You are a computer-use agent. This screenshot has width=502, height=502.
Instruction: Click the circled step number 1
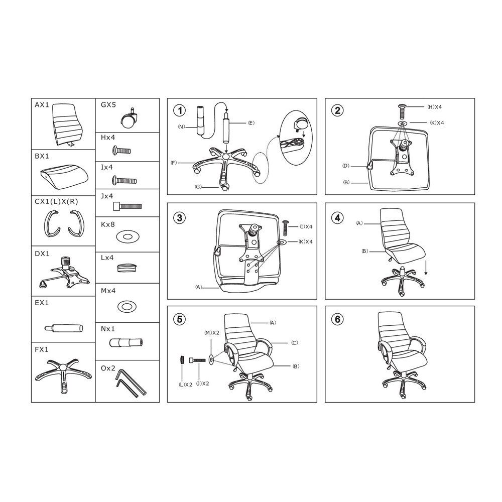tap(180, 111)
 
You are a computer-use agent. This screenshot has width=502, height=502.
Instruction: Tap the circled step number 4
tap(337, 218)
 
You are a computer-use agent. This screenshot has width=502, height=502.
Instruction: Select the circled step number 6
tap(337, 319)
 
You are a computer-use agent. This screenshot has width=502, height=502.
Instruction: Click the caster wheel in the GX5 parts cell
tap(129, 118)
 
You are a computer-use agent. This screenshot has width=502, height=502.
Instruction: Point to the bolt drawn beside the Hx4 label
tap(121, 150)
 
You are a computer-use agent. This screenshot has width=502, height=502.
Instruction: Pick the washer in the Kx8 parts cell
tap(127, 237)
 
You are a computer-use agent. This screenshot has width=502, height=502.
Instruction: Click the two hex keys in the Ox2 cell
tap(131, 383)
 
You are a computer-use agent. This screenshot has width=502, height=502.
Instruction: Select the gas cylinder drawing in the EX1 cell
tap(63, 328)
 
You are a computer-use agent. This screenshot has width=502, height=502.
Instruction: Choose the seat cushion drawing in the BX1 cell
tap(64, 175)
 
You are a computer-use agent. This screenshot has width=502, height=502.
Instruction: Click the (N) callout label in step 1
tap(182, 127)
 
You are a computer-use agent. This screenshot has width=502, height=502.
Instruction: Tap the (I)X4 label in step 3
tap(306, 227)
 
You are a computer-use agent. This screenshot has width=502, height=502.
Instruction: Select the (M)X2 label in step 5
tap(212, 333)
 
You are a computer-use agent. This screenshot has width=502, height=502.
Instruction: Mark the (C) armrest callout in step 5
tap(295, 343)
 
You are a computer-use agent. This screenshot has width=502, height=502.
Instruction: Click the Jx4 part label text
tap(107, 196)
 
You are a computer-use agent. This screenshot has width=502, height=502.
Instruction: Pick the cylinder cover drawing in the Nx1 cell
tap(126, 342)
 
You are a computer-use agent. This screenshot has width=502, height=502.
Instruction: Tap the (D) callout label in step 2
tap(346, 166)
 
